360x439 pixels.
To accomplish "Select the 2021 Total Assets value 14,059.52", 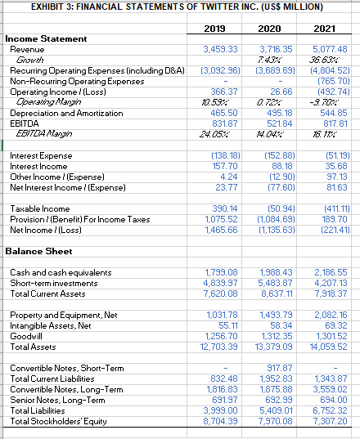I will (328, 345).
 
